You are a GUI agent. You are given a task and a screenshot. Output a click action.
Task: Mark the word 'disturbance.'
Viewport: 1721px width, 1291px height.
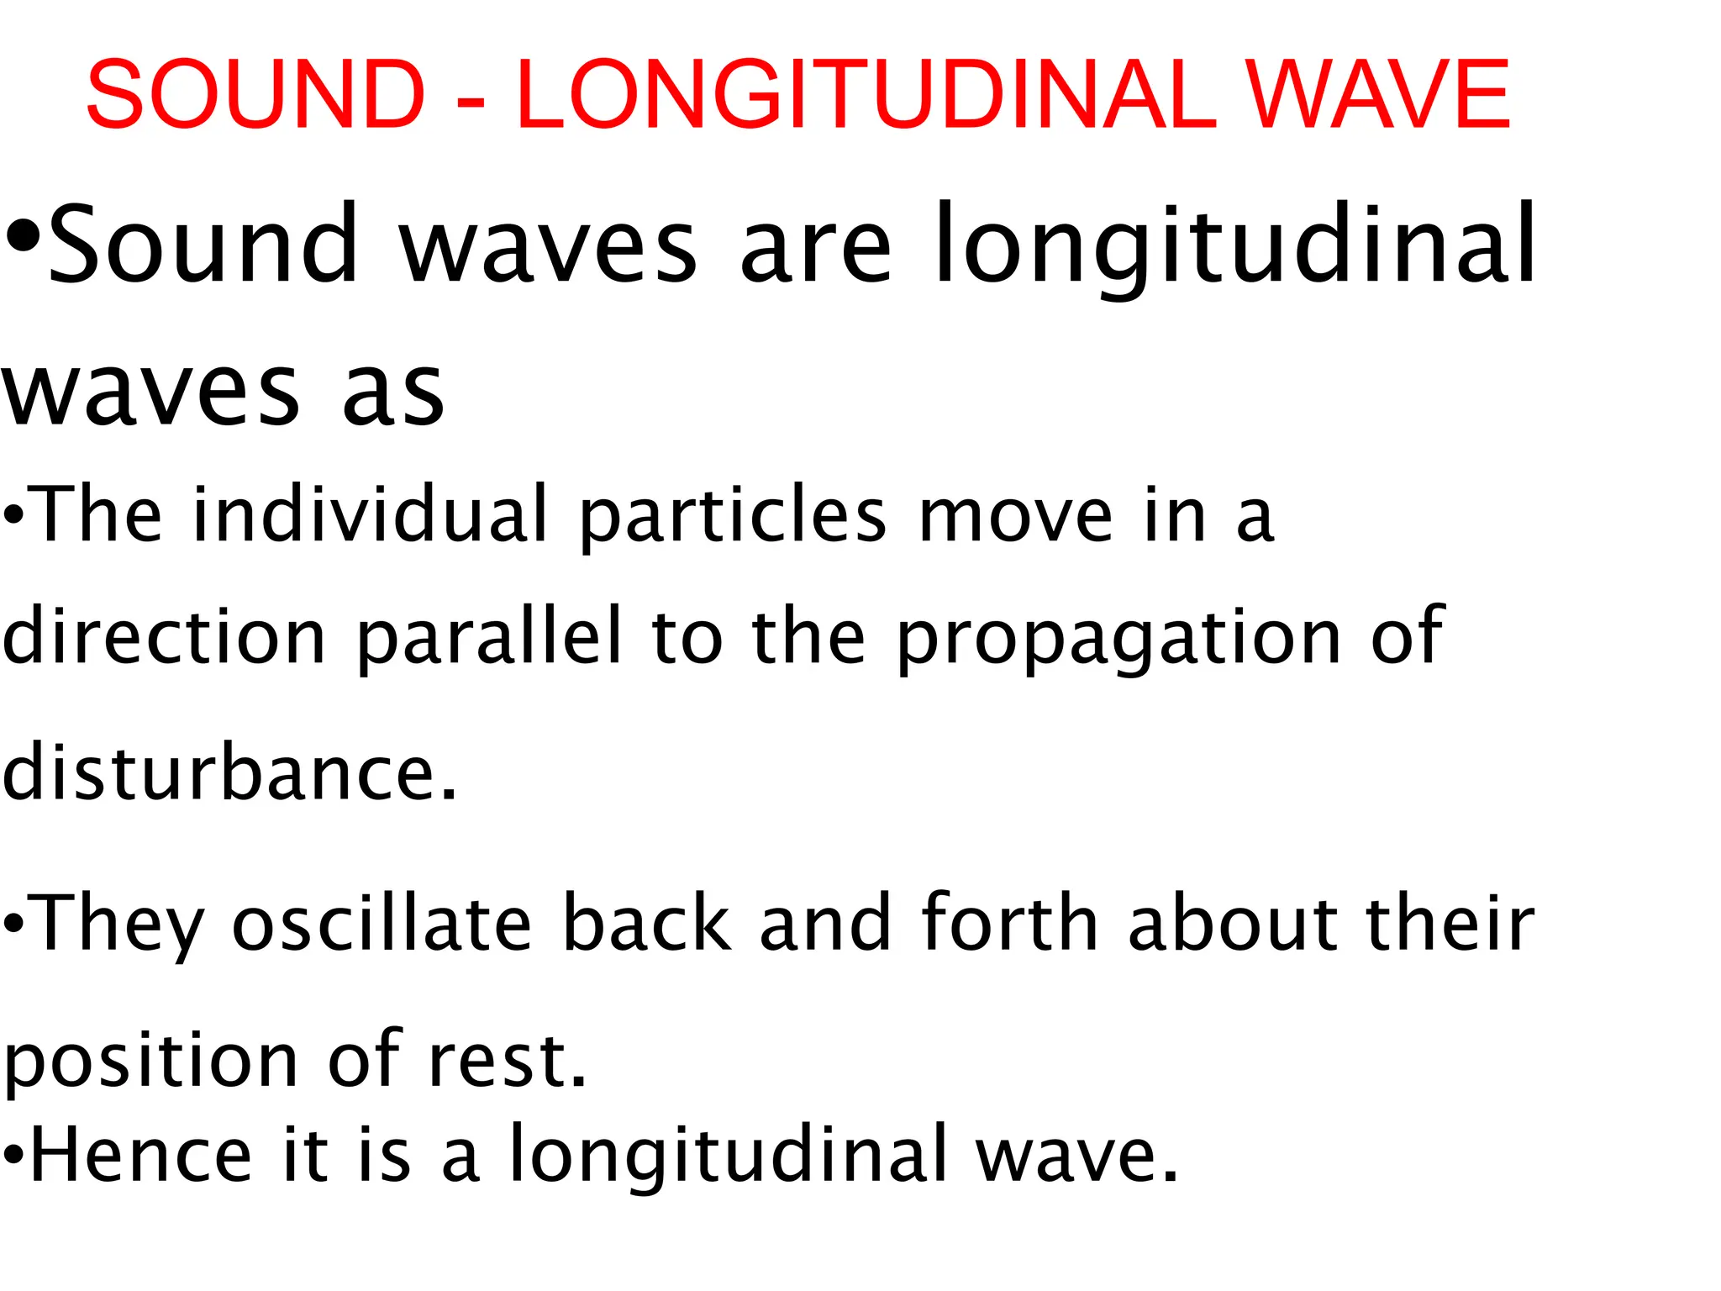coord(229,772)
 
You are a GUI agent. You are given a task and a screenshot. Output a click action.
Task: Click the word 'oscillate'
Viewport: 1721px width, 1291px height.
coord(382,923)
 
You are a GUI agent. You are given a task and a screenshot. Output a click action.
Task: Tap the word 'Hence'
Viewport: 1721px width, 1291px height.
coord(141,1154)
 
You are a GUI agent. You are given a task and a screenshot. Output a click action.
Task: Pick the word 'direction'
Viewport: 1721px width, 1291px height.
coord(165,636)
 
